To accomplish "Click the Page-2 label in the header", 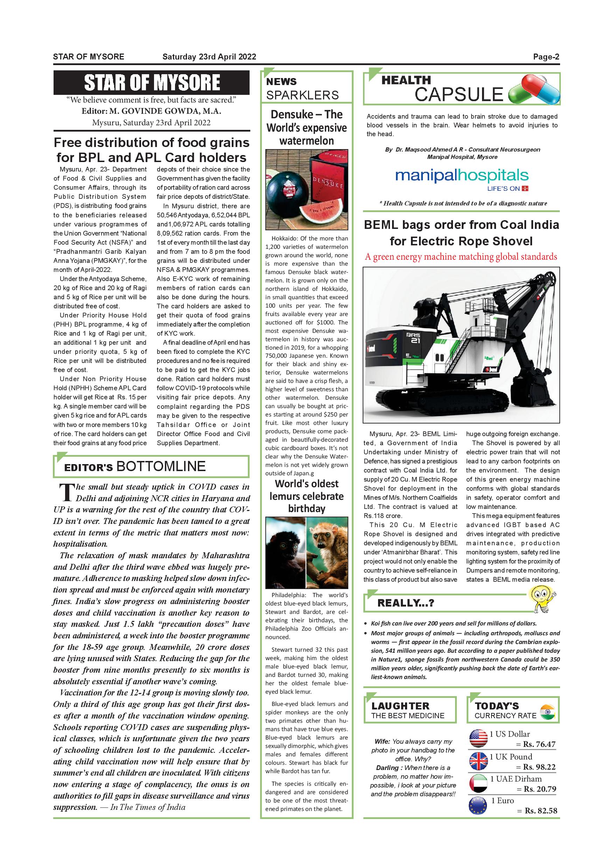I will pyautogui.click(x=546, y=57).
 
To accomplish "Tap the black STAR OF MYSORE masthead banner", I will pyautogui.click(x=151, y=82).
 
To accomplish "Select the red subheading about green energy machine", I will pyautogui.click(x=461, y=257).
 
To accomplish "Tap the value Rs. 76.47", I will pyautogui.click(x=539, y=745).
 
